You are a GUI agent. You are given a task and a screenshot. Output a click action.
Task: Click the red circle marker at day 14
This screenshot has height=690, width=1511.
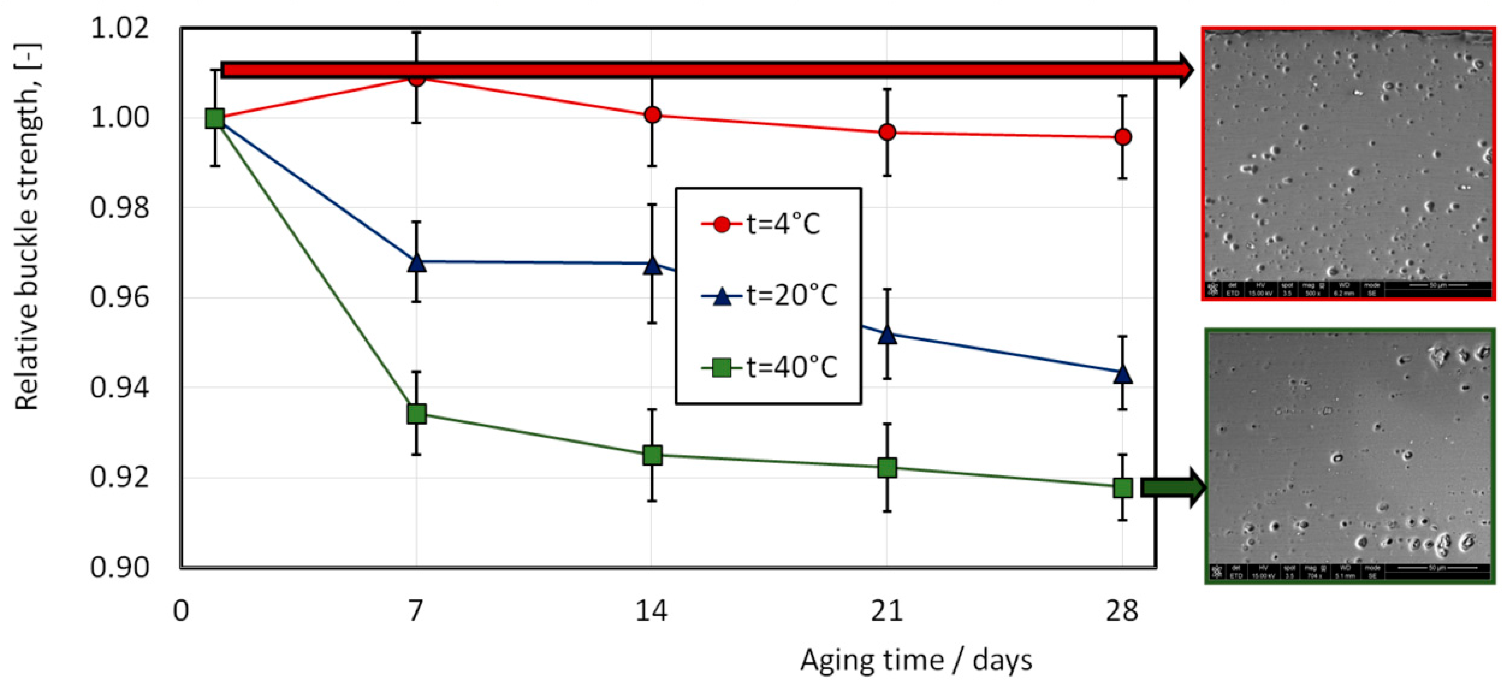[652, 115]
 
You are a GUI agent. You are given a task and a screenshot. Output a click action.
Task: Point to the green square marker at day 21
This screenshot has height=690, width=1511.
[887, 468]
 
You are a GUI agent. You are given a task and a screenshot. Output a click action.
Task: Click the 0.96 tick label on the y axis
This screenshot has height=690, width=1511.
[120, 297]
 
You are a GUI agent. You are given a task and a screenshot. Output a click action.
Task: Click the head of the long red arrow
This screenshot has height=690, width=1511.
[1185, 70]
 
